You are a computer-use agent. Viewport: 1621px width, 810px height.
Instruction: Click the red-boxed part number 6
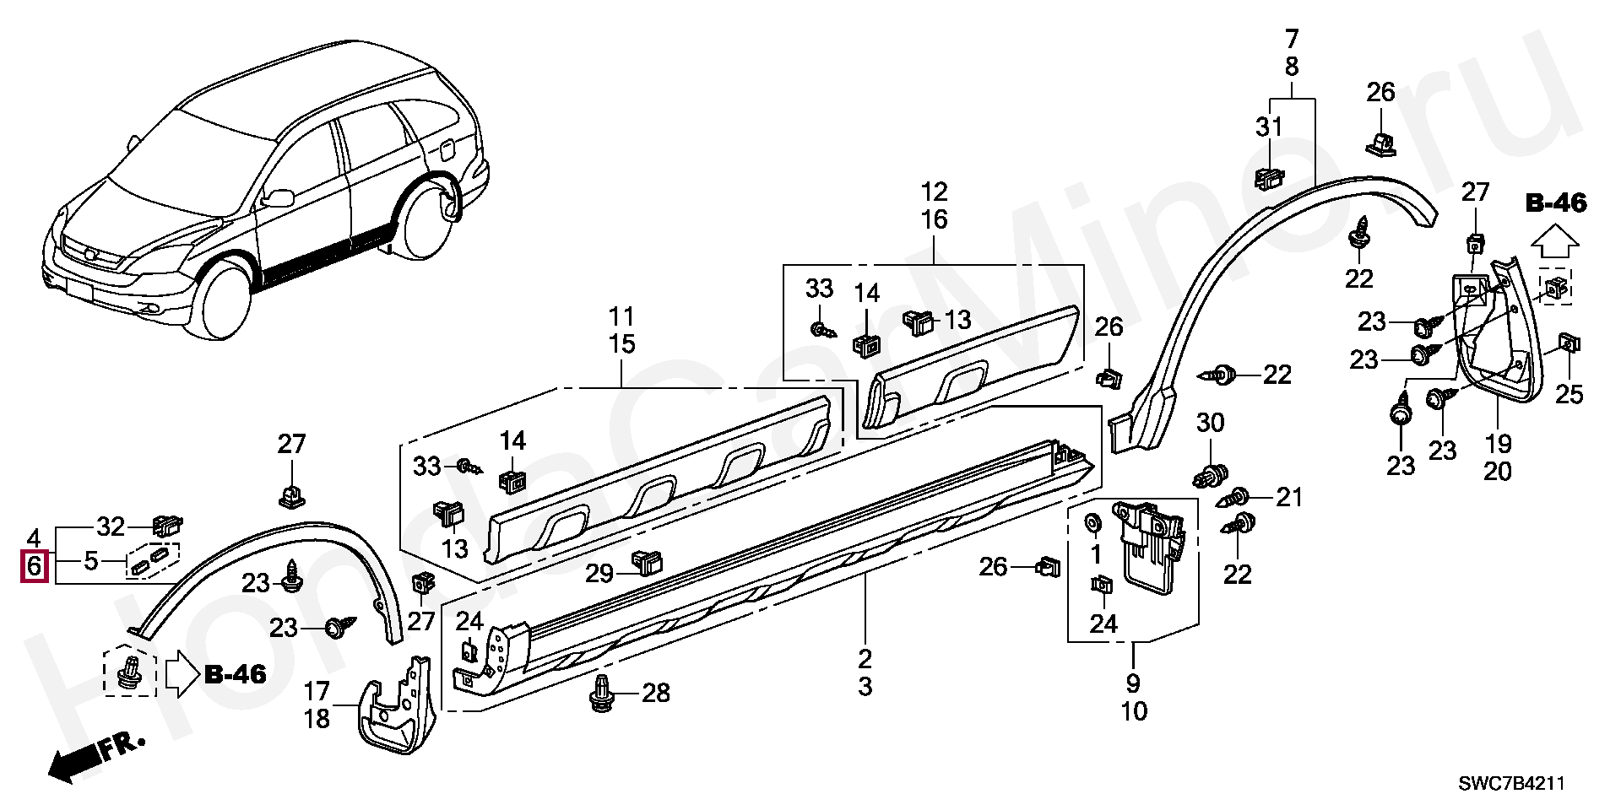point(34,565)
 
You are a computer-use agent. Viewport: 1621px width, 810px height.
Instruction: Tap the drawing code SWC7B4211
point(1511,785)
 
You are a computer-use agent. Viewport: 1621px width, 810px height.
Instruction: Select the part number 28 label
point(656,694)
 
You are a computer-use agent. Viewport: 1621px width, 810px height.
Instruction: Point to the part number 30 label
point(1211,423)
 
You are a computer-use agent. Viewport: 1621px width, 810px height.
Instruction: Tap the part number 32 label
point(111,527)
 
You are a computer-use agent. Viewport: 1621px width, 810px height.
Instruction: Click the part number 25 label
point(1569,394)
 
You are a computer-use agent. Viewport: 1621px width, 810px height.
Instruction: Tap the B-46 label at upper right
point(1555,203)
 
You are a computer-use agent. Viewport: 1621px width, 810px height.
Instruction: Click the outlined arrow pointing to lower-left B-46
point(180,673)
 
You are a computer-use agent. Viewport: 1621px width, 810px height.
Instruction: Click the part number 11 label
point(621,317)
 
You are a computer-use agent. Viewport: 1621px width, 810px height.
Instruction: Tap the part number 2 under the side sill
point(865,659)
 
